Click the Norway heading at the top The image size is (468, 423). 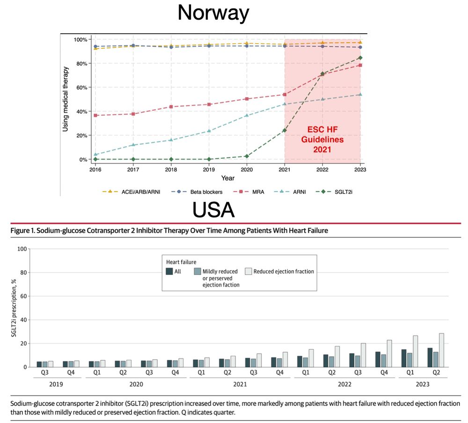point(213,13)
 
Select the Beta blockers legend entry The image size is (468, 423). point(204,191)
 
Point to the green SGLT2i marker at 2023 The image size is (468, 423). point(360,58)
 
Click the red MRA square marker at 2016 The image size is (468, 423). point(95,115)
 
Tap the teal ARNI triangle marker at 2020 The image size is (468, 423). point(247,115)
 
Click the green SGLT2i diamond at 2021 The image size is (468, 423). point(285,130)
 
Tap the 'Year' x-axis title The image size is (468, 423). point(228,178)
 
